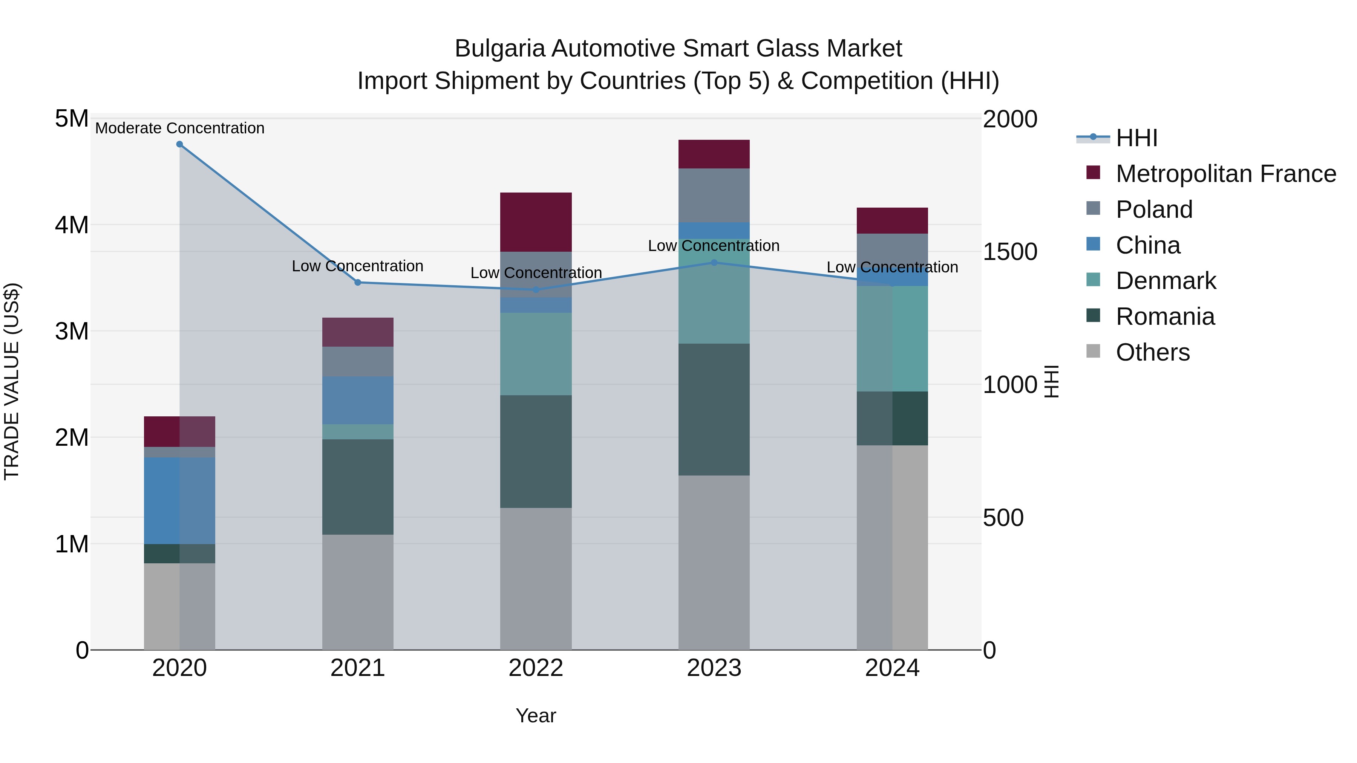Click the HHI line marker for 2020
click(x=180, y=144)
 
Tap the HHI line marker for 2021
click(x=358, y=282)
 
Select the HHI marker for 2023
click(x=714, y=262)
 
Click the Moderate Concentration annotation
click(x=180, y=128)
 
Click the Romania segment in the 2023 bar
click(x=714, y=409)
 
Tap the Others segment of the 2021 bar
click(x=358, y=592)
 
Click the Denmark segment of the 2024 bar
click(x=892, y=339)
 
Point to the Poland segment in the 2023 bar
click(x=714, y=195)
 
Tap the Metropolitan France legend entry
click(x=1225, y=174)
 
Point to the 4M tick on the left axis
click(x=72, y=225)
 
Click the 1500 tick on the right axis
click(x=1010, y=252)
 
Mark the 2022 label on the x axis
click(x=536, y=668)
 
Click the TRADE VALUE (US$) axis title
click(x=12, y=382)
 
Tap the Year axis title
click(x=536, y=716)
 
